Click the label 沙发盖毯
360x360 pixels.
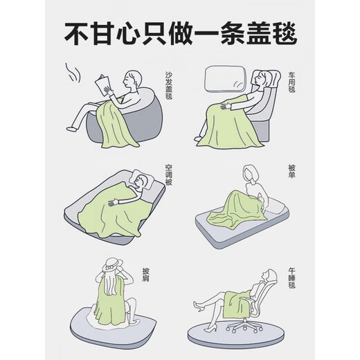169,85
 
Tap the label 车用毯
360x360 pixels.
291,82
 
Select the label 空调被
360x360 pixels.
169,175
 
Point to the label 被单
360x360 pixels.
291,171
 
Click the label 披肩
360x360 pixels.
146,275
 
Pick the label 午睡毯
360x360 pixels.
291,278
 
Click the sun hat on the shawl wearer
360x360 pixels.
113,264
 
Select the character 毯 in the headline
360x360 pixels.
283,33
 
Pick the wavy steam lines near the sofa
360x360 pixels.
73,73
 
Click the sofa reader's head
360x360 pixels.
132,79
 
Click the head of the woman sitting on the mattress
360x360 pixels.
251,174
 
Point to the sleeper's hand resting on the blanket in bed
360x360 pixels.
113,203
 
